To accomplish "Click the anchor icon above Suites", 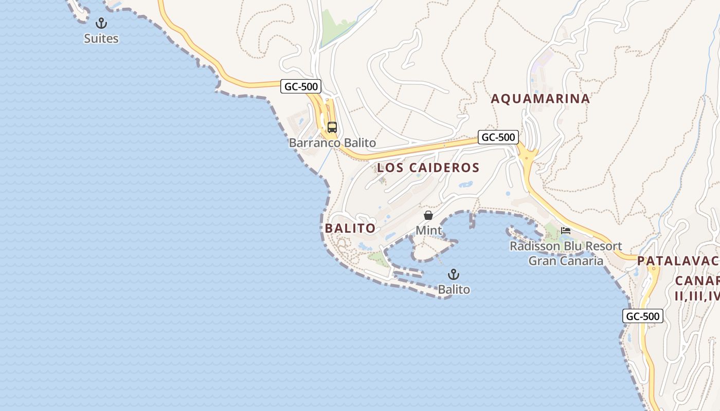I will (x=101, y=23).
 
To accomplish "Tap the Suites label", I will (x=101, y=39).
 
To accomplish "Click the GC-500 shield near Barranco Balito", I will (x=301, y=86).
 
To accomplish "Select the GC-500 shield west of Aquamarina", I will (x=498, y=137).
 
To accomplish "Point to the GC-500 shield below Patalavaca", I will (x=643, y=316).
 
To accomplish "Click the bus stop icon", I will (x=332, y=127).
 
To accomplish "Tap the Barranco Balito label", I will (x=332, y=143).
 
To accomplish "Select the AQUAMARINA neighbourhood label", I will (x=540, y=99).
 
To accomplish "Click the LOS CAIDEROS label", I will (x=428, y=167).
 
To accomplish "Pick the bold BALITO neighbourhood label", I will (x=350, y=228).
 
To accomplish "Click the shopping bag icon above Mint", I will (x=428, y=215).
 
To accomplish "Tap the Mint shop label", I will (x=428, y=230).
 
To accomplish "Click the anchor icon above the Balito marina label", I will (x=454, y=274).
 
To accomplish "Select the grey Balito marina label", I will (x=454, y=290).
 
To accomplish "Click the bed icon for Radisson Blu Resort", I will (x=566, y=231).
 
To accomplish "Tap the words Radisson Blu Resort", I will (x=566, y=246).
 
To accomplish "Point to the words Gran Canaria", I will (x=566, y=260).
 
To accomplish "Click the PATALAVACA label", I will (x=678, y=260).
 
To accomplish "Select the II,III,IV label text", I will (x=697, y=296).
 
